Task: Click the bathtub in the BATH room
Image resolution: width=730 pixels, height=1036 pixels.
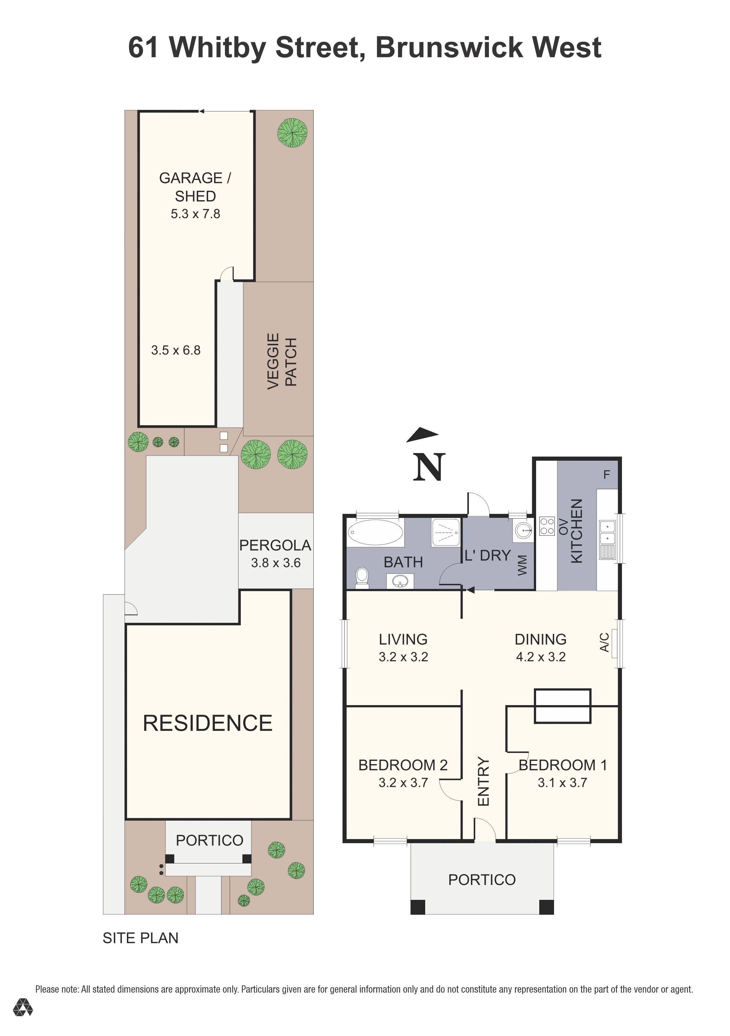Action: (375, 533)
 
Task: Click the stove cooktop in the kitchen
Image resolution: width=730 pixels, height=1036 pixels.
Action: (547, 526)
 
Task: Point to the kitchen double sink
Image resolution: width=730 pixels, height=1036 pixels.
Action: (607, 533)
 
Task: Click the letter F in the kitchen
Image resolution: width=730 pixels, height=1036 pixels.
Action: (606, 474)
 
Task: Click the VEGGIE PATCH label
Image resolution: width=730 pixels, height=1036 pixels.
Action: (282, 361)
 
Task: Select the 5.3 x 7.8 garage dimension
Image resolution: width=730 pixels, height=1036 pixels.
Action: (195, 214)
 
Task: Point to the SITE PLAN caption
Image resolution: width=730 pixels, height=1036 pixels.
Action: (140, 938)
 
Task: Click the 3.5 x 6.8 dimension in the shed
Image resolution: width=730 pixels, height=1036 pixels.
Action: (176, 350)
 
